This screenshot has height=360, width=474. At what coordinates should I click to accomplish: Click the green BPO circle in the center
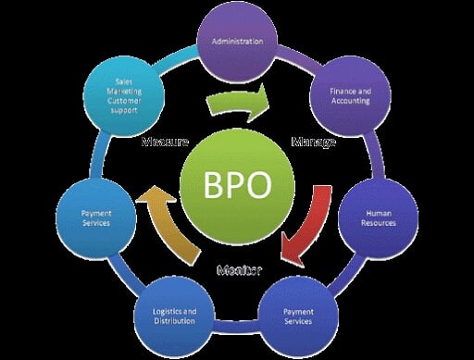tap(237, 184)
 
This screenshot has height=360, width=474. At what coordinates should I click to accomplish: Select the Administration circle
tap(238, 43)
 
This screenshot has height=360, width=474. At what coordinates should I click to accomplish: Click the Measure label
tap(166, 143)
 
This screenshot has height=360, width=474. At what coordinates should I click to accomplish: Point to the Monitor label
tap(239, 270)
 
